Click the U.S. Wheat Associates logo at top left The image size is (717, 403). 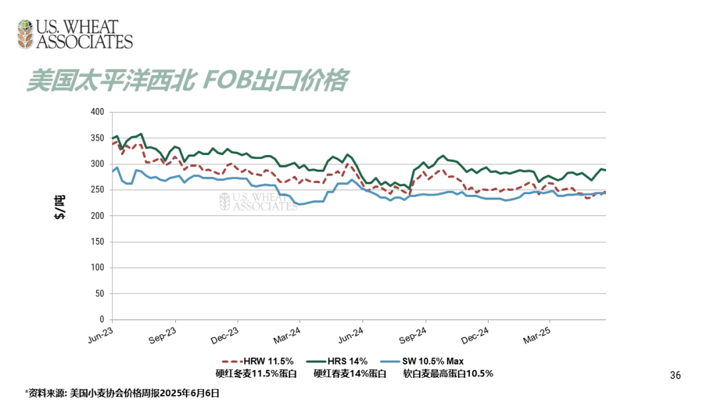pos(74,34)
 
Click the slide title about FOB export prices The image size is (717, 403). pos(187,80)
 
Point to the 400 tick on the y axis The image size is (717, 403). pos(97,112)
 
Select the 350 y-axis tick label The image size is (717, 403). pos(97,138)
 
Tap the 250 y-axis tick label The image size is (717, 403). pos(97,190)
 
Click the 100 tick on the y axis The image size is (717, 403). pos(97,267)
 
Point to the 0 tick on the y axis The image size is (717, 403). pos(101,319)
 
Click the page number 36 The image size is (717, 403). pos(675,375)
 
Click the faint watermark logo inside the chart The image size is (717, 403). pos(258,201)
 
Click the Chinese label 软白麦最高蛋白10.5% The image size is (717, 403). pos(448,373)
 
